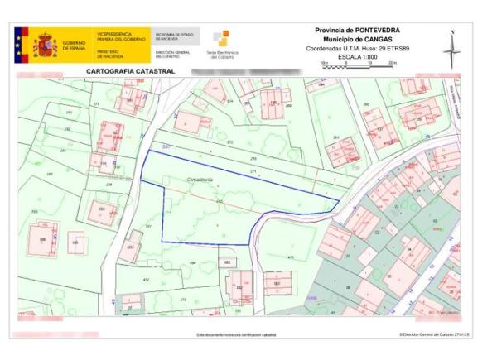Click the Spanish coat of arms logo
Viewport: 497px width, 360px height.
click(x=44, y=45)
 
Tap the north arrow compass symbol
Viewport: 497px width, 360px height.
click(x=451, y=50)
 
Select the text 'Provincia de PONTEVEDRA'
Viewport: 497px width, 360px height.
click(x=357, y=31)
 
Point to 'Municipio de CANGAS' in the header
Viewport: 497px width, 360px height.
click(x=357, y=40)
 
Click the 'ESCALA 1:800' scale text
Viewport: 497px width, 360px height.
click(x=357, y=57)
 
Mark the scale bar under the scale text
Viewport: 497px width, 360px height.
click(x=357, y=65)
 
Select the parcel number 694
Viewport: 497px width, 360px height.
click(x=192, y=262)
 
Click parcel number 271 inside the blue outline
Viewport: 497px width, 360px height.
click(x=253, y=171)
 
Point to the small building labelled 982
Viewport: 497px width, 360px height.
click(x=226, y=262)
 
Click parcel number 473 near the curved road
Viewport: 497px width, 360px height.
click(x=291, y=257)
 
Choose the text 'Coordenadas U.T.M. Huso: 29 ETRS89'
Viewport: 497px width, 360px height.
click(x=357, y=49)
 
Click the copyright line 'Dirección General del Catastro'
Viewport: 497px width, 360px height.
click(x=434, y=334)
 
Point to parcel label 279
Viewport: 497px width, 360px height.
click(x=109, y=184)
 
